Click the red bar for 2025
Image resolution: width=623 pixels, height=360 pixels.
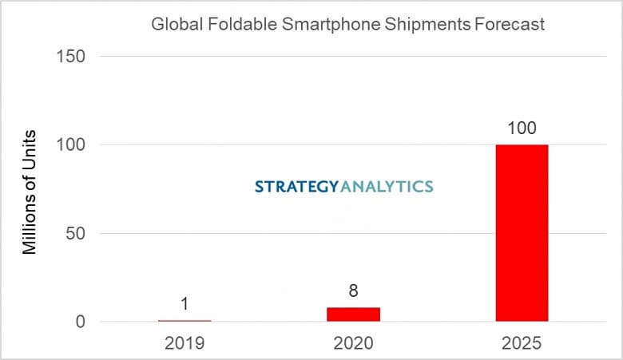click(522, 233)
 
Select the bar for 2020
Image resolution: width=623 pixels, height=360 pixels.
click(353, 315)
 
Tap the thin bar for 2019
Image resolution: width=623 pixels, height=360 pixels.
click(185, 321)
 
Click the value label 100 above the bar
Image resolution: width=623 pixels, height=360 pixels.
click(522, 129)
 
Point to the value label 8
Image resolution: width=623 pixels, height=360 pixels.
click(353, 291)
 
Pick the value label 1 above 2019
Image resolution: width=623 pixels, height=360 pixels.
click(185, 304)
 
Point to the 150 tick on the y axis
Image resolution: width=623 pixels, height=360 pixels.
click(72, 56)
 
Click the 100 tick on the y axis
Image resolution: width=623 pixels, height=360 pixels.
click(72, 144)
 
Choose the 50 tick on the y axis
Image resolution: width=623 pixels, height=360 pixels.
click(76, 234)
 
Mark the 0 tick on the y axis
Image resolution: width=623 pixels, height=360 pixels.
click(81, 322)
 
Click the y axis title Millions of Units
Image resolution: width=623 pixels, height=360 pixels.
click(30, 191)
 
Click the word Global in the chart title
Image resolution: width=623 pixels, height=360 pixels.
click(173, 25)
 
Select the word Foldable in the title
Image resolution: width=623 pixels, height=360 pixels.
click(228, 25)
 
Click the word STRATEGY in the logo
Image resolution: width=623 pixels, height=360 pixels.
click(297, 187)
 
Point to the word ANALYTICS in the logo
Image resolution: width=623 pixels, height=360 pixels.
click(387, 187)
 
